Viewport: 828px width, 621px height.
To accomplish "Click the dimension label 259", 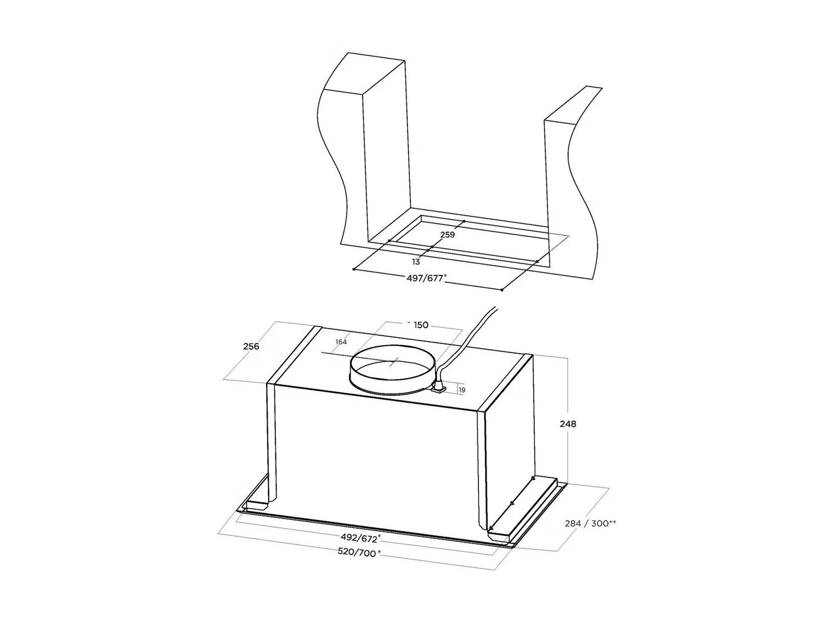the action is click(x=448, y=235).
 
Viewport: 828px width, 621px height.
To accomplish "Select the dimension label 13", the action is click(x=416, y=262).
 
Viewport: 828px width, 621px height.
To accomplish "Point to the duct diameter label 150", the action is click(x=421, y=325).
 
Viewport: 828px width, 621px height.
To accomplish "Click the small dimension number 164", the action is click(x=341, y=342).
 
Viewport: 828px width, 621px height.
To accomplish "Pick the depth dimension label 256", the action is click(x=251, y=346).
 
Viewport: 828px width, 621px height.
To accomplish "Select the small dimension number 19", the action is click(x=462, y=390).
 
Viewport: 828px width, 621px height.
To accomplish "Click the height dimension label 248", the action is click(x=568, y=424).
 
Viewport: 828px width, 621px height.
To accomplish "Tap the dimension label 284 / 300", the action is click(x=587, y=524).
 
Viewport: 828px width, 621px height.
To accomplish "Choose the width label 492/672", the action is click(x=359, y=538).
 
